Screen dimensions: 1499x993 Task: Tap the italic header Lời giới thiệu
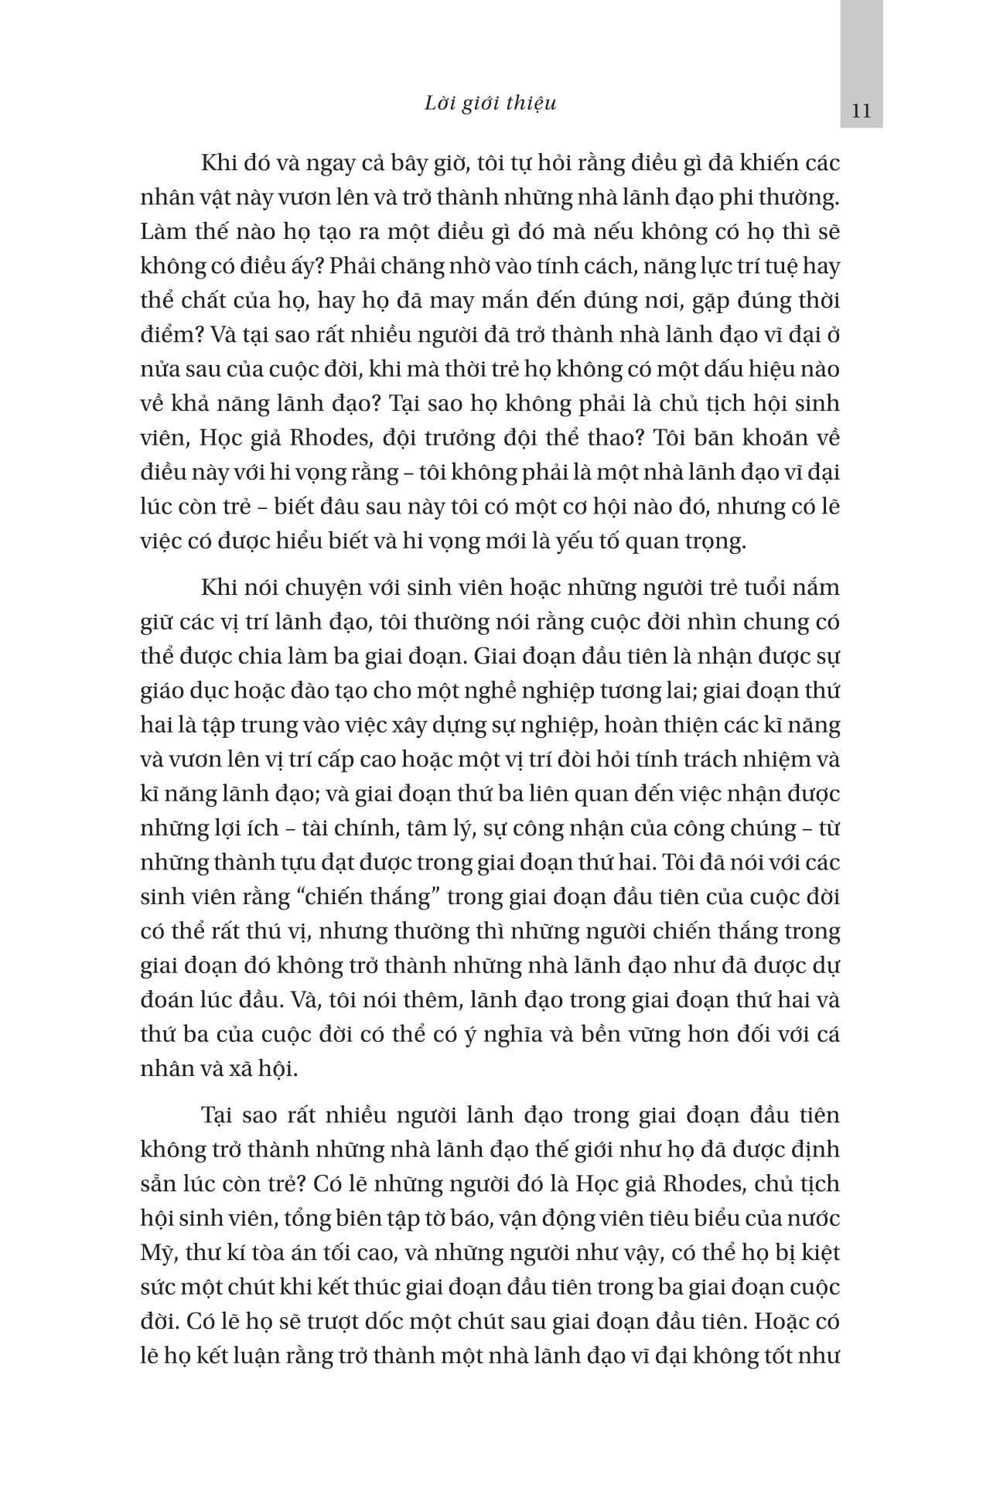pos(490,104)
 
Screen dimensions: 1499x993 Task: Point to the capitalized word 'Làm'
pos(159,233)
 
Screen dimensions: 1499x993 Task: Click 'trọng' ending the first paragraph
pos(715,541)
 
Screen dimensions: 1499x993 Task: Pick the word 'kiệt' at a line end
pos(819,1253)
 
